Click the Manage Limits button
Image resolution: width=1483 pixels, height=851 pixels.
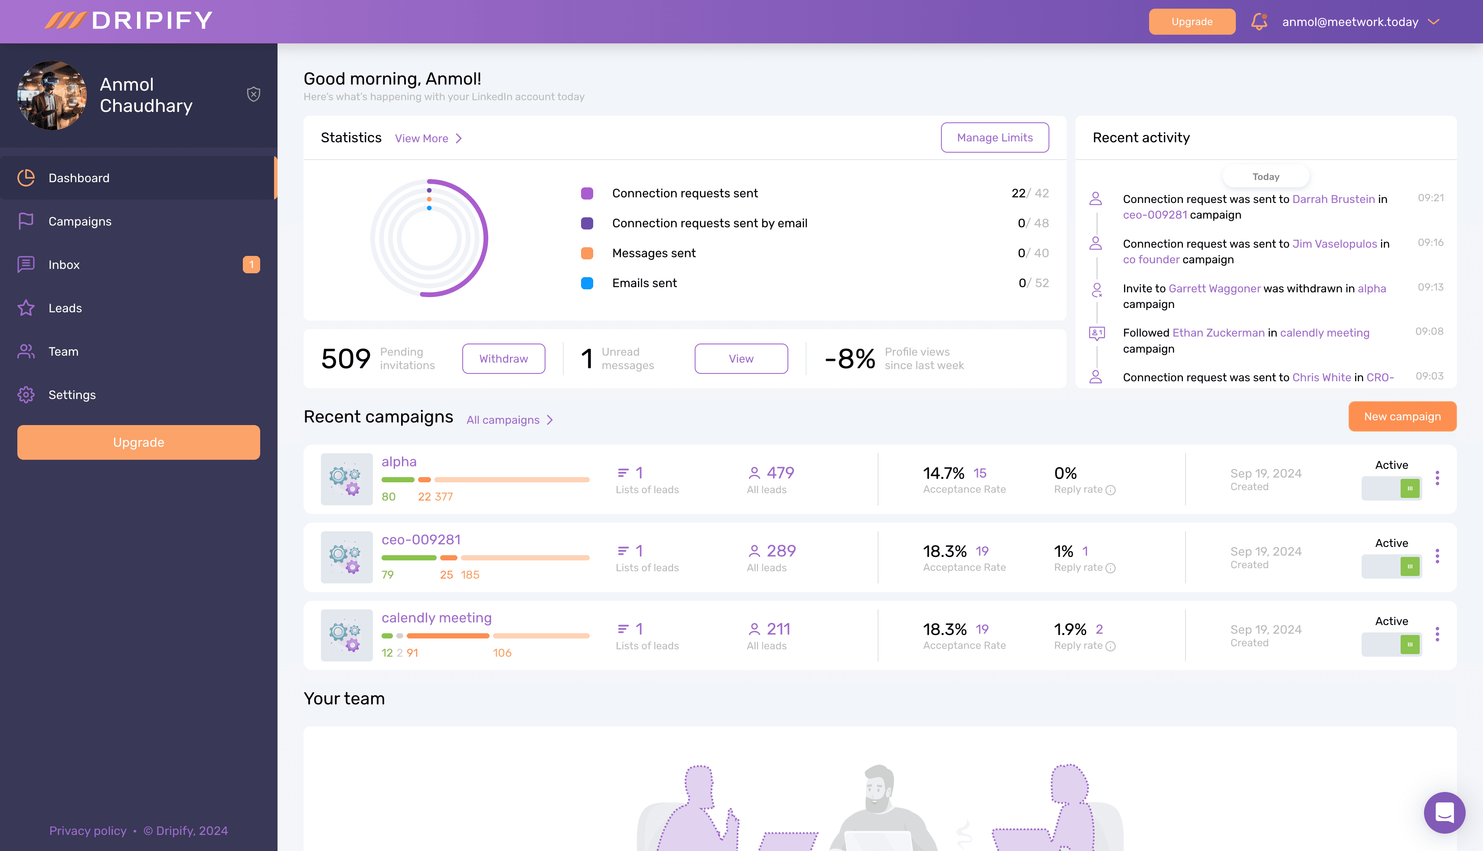(994, 137)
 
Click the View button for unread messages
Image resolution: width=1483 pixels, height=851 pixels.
(741, 358)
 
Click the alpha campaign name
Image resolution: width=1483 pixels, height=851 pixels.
(399, 462)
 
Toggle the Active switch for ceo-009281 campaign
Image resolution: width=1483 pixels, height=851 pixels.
(1391, 566)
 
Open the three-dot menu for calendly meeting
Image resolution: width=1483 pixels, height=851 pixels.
(1437, 634)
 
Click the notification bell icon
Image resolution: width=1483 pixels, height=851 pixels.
(1259, 22)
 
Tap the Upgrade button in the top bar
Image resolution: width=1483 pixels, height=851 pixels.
(1192, 22)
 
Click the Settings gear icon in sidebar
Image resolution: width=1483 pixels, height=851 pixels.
(26, 395)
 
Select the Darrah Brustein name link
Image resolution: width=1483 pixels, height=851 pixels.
(1333, 200)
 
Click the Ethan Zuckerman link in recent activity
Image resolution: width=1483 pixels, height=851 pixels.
(1218, 333)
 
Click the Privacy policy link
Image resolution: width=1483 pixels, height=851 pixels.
(88, 831)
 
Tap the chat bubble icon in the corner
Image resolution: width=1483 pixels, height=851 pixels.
(1444, 812)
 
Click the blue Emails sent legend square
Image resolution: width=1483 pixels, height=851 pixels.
(587, 283)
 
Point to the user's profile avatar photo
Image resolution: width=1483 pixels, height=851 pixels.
(52, 95)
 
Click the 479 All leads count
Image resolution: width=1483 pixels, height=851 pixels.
(780, 472)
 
